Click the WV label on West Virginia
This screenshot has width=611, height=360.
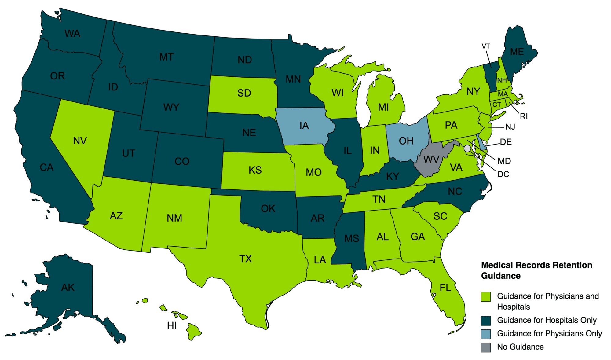coord(431,160)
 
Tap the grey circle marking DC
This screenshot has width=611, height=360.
coord(467,149)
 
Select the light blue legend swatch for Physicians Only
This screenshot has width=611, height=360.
coord(486,334)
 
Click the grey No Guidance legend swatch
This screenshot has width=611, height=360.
coord(486,347)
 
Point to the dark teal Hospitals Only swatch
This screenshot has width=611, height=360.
coord(486,321)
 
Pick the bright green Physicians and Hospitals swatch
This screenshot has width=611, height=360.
coord(486,296)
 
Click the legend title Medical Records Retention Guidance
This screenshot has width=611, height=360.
coord(536,270)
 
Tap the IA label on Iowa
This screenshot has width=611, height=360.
coord(304,126)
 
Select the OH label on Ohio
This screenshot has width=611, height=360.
coord(406,141)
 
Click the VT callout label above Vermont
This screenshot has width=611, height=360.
coord(486,46)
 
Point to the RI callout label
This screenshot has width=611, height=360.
coord(524,116)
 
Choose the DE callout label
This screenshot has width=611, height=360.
coord(506,142)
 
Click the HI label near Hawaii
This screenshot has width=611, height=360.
coord(172,326)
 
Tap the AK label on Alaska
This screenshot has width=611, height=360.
coord(68,288)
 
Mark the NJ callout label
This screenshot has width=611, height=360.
coord(510,127)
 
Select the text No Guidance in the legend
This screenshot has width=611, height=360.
coord(520,347)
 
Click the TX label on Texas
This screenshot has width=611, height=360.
coord(245,259)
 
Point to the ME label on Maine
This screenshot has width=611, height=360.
coord(517,52)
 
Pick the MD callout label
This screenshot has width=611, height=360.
coord(504,161)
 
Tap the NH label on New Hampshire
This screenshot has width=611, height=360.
coord(502,80)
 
